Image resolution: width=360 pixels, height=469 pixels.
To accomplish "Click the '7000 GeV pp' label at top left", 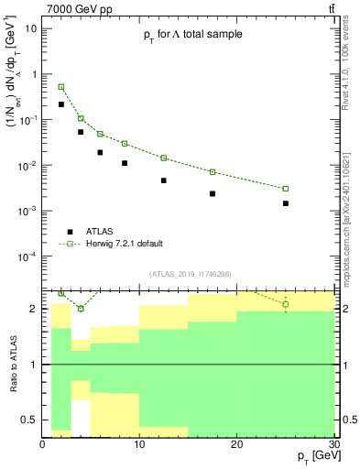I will pos(74,8).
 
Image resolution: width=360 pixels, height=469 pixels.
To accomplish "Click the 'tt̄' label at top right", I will pos(331,8).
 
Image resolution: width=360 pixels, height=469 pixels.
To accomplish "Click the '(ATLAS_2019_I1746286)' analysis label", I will pos(191,273).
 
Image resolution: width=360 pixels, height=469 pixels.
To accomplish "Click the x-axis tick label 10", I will pos(139,445).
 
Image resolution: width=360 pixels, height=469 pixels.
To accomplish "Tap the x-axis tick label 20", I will pos(236,445).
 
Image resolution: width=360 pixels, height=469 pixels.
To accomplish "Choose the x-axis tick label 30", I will pos(333,445).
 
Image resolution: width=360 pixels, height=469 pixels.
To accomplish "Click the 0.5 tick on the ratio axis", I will pos(30,420).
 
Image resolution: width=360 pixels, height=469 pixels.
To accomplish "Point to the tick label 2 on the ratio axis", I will pos(35,309).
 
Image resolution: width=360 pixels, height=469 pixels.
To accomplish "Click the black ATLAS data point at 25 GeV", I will pos(286,203).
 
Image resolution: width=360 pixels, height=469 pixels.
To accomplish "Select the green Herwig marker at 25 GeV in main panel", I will pos(286,189).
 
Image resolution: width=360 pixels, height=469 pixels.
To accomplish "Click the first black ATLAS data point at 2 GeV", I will pos(61,104).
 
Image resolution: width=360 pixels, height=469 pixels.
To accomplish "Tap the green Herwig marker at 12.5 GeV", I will pos(164,158).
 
